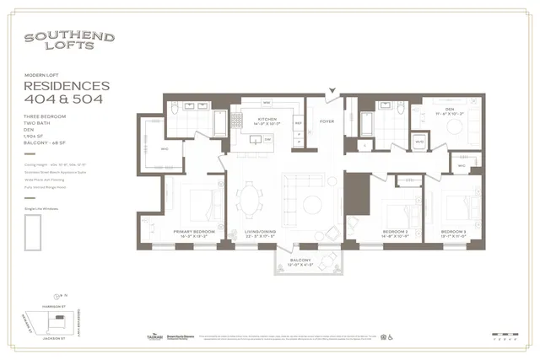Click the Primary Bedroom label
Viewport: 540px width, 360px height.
click(x=193, y=233)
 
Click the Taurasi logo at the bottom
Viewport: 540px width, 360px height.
click(x=154, y=336)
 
